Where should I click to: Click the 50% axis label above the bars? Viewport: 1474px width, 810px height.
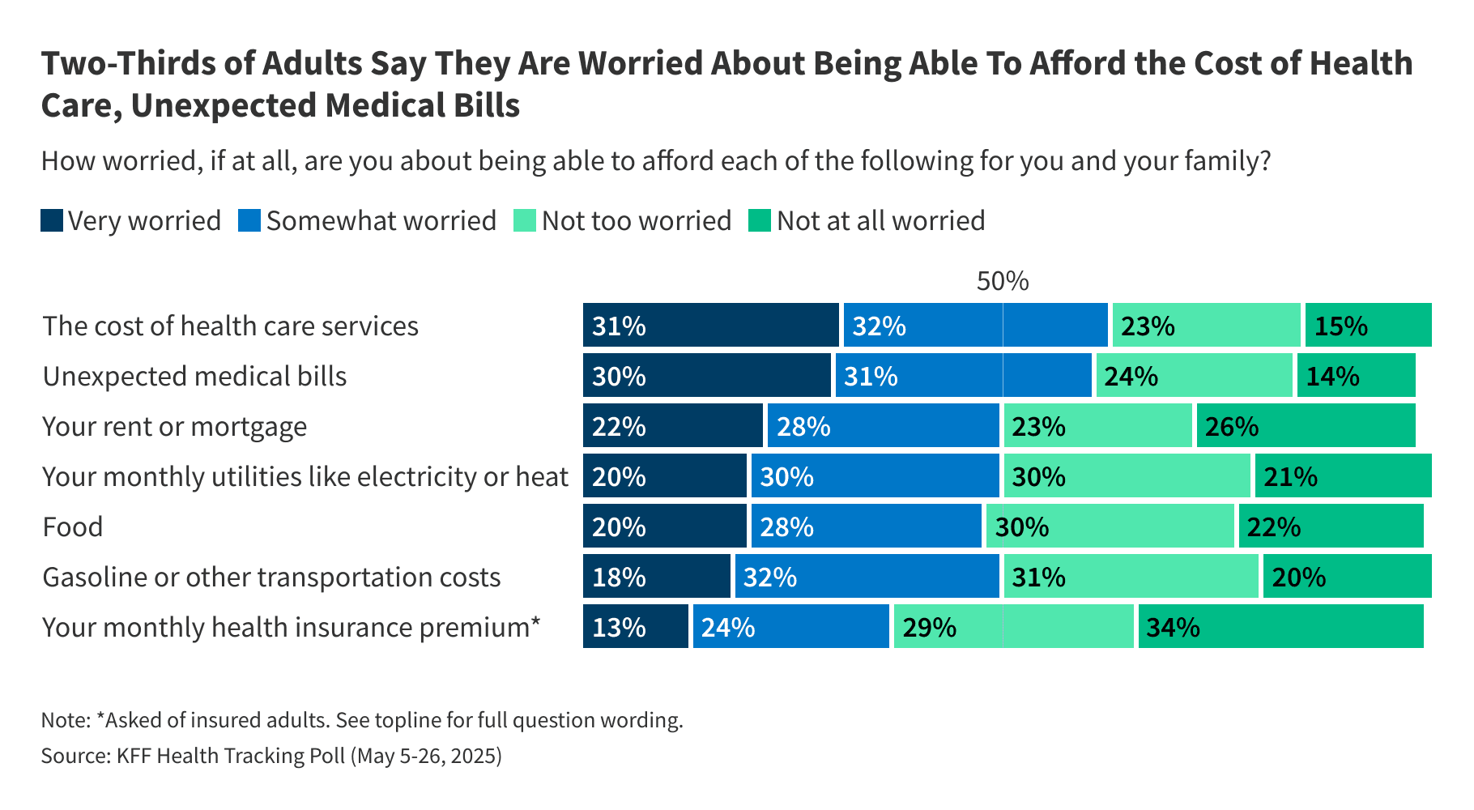click(x=1002, y=281)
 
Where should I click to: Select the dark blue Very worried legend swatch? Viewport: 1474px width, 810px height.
click(x=52, y=221)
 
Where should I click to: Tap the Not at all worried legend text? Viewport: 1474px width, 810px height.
click(x=880, y=221)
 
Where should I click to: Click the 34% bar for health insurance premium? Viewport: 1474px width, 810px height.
click(x=1280, y=627)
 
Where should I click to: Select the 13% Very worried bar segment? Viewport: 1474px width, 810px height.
click(x=635, y=627)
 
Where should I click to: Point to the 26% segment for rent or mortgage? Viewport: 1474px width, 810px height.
click(x=1306, y=426)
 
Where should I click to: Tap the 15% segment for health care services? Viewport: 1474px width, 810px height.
click(x=1368, y=326)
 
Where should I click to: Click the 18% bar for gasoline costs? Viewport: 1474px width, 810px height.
click(x=656, y=577)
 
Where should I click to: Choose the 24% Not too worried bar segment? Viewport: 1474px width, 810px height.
click(x=1194, y=376)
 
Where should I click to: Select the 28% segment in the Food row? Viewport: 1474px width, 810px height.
click(x=866, y=526)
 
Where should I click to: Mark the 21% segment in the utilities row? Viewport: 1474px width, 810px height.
click(x=1343, y=476)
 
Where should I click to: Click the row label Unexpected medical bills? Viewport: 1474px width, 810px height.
click(x=194, y=377)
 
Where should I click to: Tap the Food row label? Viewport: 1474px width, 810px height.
click(x=73, y=527)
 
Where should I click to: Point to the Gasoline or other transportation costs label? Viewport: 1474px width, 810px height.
click(x=271, y=578)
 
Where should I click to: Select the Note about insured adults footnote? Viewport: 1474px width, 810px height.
click(x=362, y=720)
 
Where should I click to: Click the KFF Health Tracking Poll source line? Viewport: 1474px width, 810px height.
click(x=271, y=756)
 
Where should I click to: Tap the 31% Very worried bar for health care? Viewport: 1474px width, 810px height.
click(x=710, y=326)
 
